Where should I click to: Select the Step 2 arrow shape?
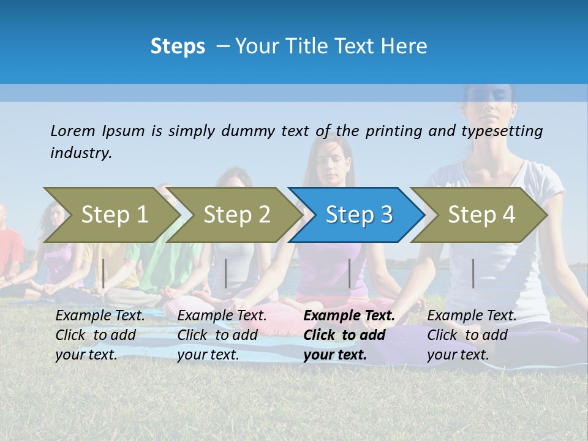pyautogui.click(x=236, y=215)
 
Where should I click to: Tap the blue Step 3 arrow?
pyautogui.click(x=359, y=215)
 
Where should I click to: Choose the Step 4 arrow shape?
pyautogui.click(x=481, y=215)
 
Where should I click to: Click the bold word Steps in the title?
pyautogui.click(x=178, y=47)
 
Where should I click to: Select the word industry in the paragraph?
pyautogui.click(x=81, y=153)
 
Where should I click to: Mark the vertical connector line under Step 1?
pyautogui.click(x=104, y=273)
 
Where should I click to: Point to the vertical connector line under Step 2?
pyautogui.click(x=226, y=273)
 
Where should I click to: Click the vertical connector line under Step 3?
pyautogui.click(x=350, y=273)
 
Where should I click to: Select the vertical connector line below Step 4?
pyautogui.click(x=473, y=273)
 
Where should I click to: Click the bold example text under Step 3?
pyautogui.click(x=349, y=335)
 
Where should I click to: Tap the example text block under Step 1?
pyautogui.click(x=100, y=335)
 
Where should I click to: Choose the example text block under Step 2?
pyautogui.click(x=222, y=335)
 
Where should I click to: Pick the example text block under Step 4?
pyautogui.click(x=471, y=335)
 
